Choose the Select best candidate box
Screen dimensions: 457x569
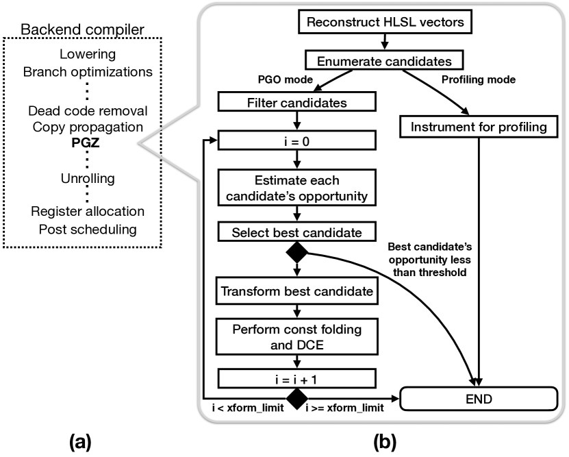tap(296, 232)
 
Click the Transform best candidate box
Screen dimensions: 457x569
tap(296, 291)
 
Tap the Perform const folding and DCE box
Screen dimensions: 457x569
tap(296, 336)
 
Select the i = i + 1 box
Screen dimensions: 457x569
tap(296, 377)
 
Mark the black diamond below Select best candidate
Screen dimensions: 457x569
tap(296, 254)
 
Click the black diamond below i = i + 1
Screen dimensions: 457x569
tap(296, 397)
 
